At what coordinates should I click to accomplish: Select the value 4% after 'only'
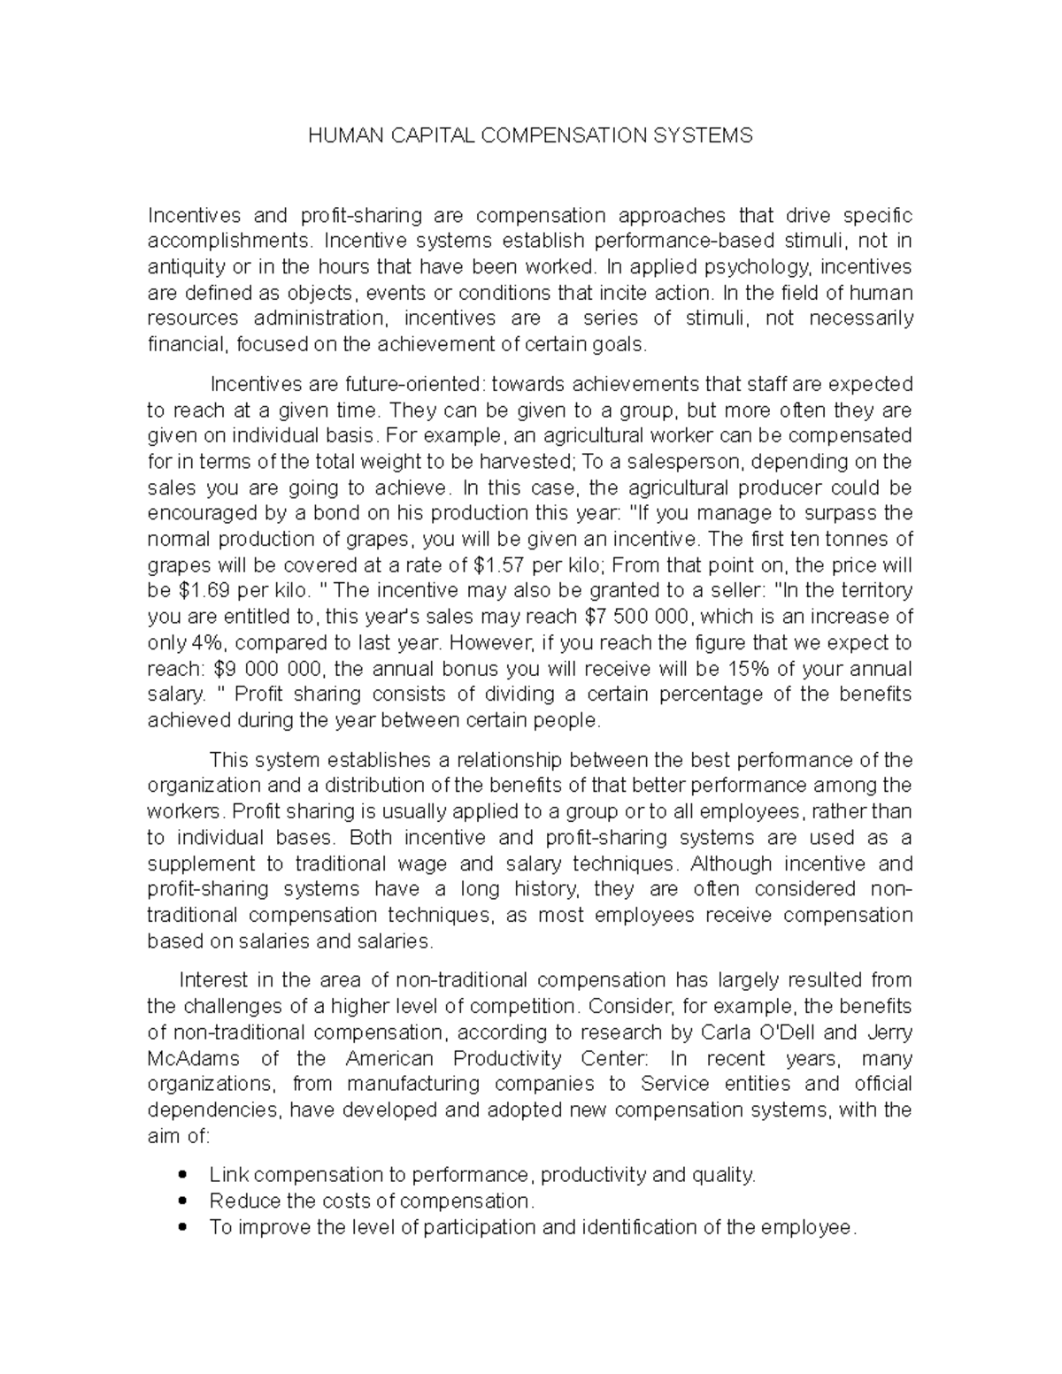(209, 643)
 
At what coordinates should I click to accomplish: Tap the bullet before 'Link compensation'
(182, 1176)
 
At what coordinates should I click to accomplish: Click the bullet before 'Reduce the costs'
(182, 1201)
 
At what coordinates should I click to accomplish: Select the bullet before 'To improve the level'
(182, 1228)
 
